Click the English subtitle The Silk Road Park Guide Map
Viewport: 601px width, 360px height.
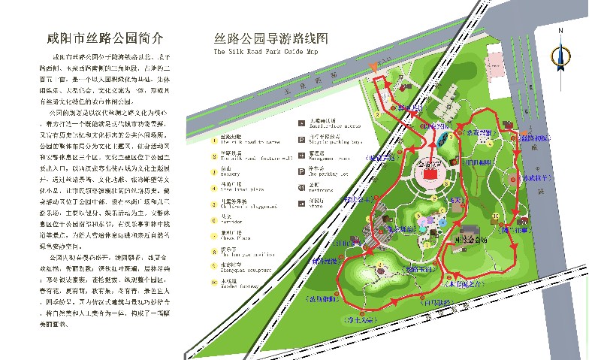pyautogui.click(x=260, y=53)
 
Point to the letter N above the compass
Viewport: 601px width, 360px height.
pyautogui.click(x=560, y=31)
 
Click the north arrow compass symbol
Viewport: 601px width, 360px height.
pyautogui.click(x=560, y=56)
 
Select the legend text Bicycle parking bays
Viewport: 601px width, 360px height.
pyautogui.click(x=331, y=141)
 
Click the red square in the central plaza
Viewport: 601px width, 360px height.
pyautogui.click(x=430, y=174)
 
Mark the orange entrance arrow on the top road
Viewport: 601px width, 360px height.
pyautogui.click(x=375, y=68)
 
